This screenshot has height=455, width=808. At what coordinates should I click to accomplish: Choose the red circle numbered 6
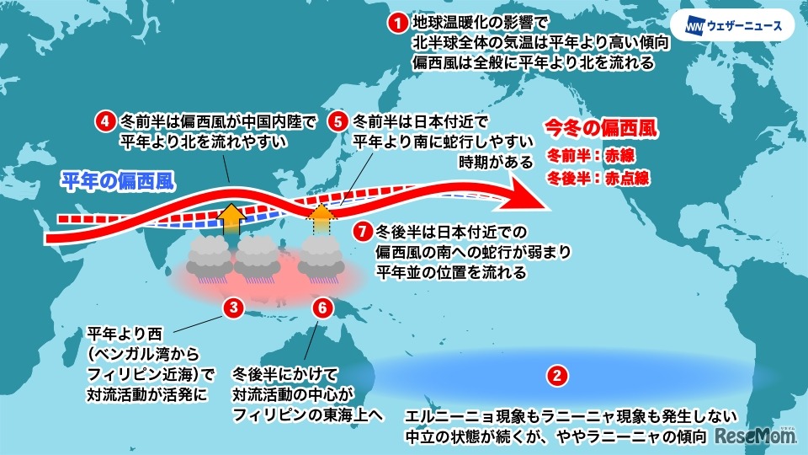click(x=321, y=308)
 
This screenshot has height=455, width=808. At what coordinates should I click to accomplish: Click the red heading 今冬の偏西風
click(x=600, y=131)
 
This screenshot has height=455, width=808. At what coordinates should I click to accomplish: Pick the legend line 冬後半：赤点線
click(x=597, y=179)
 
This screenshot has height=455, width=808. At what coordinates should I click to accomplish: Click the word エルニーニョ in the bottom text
click(x=446, y=416)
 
